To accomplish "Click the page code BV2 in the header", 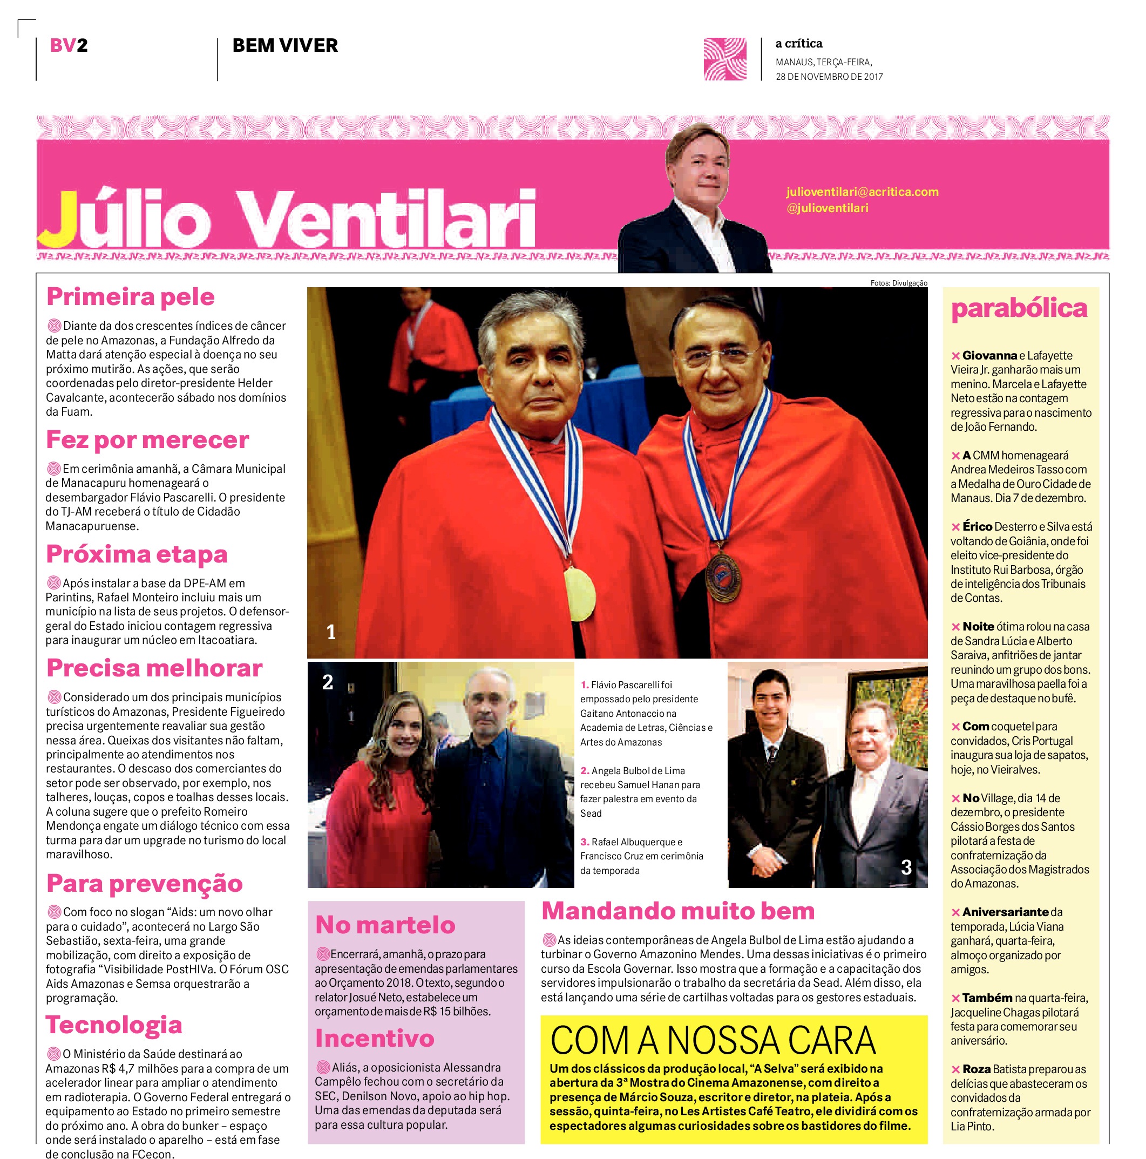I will click(69, 45).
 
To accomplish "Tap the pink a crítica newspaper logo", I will click(725, 59).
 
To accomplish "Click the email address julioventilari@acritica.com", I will click(862, 192).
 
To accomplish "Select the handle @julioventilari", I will click(828, 208).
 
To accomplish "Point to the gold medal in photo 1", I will click(580, 594).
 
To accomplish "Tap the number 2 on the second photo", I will click(328, 682).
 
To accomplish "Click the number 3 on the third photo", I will click(906, 867).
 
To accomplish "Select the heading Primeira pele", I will click(130, 297).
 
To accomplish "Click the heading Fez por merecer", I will click(147, 440).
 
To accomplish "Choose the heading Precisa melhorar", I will click(154, 668).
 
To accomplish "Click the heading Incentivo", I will click(375, 1038).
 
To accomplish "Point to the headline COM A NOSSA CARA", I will click(712, 1041).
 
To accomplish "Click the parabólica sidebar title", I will click(1019, 308).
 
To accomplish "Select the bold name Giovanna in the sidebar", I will click(989, 356).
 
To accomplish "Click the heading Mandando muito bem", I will click(678, 911).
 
